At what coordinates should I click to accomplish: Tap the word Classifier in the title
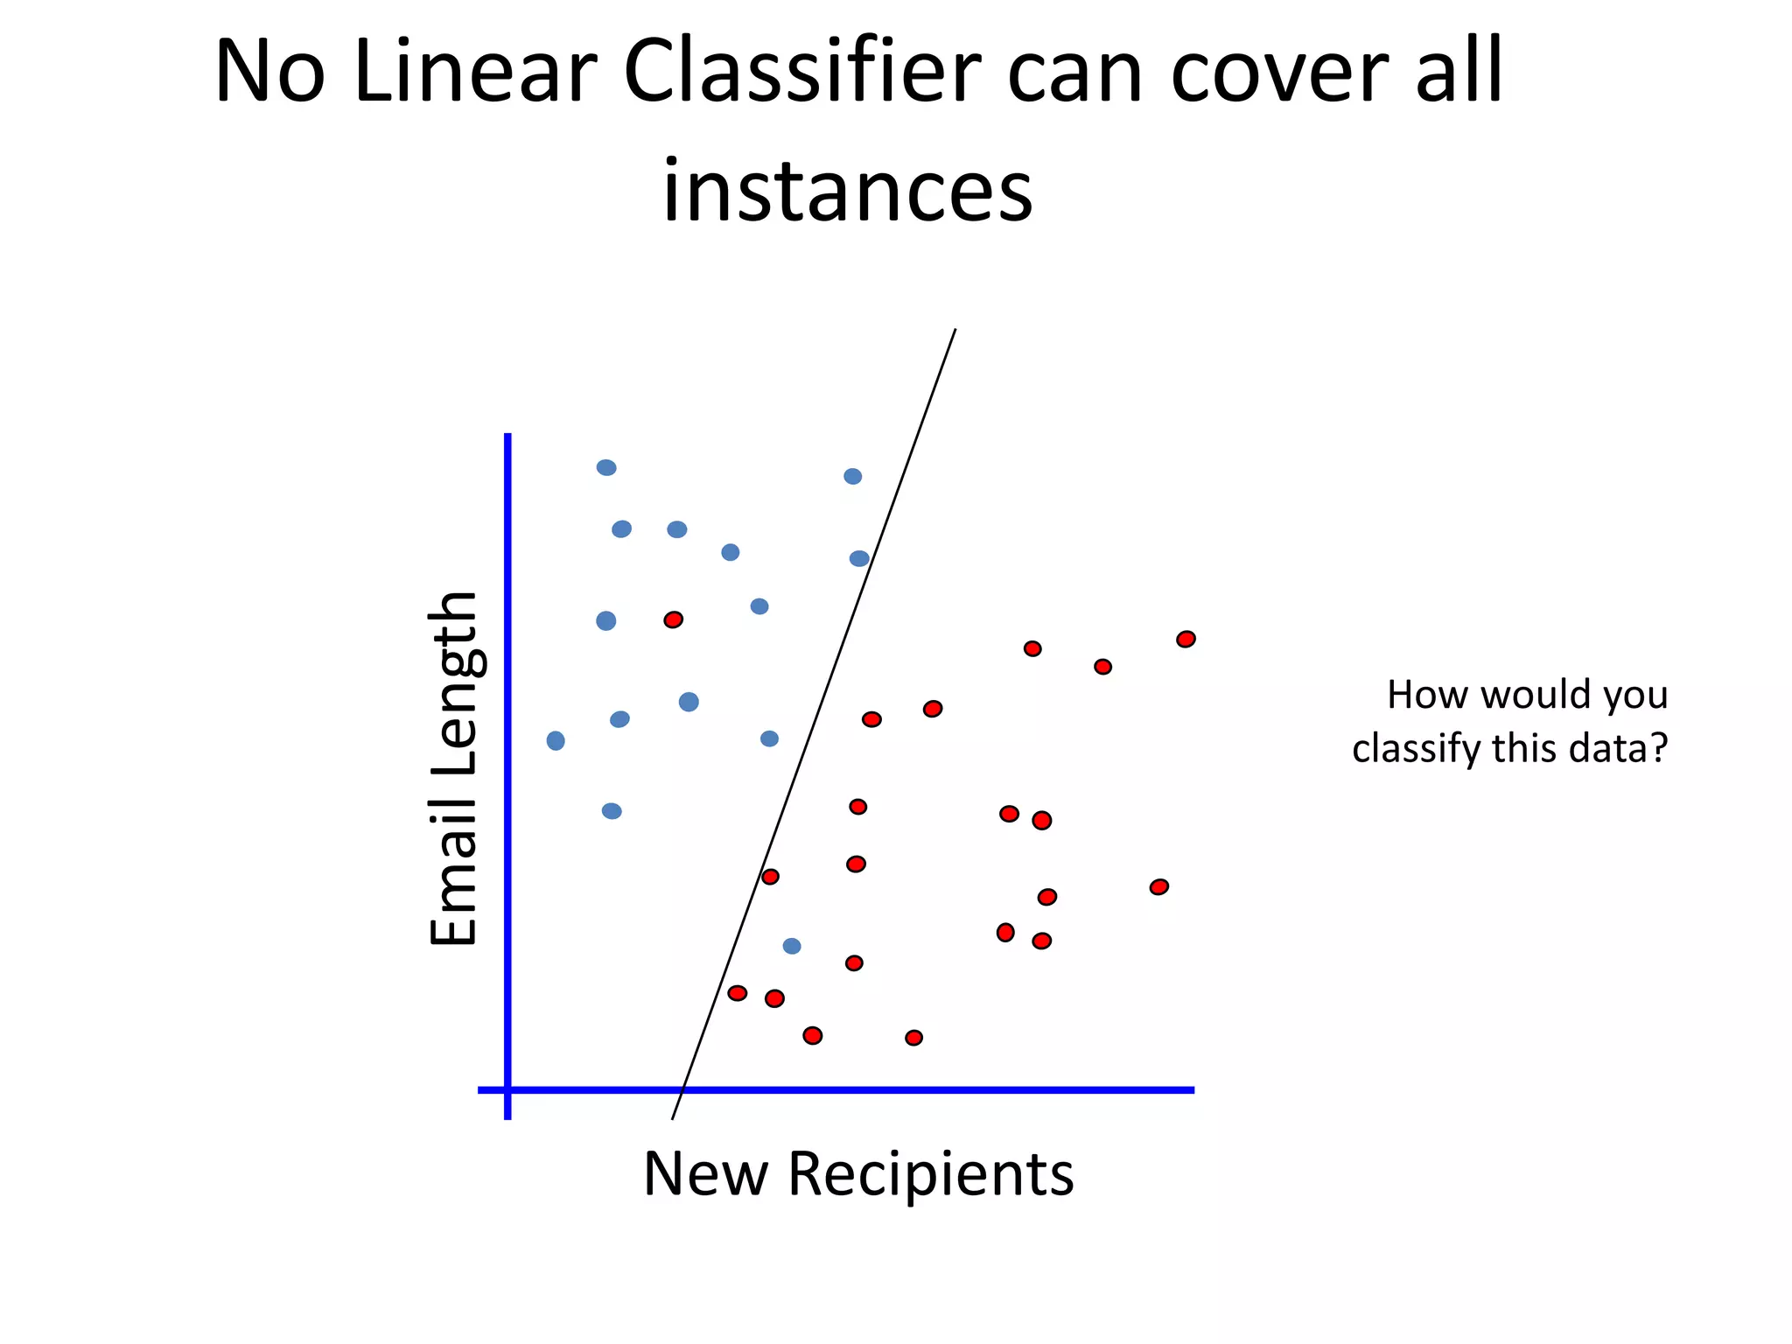point(801,72)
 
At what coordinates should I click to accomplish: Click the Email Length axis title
point(453,769)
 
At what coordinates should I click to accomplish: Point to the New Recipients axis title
point(857,1173)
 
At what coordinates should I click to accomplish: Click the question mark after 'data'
point(1658,748)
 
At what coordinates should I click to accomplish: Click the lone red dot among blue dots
point(673,619)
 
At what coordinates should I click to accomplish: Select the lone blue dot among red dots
point(792,946)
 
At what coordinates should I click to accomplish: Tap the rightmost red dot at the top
point(1186,639)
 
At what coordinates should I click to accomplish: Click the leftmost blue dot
point(556,741)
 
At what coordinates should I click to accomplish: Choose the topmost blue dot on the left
point(606,467)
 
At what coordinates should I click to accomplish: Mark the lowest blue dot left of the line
point(612,811)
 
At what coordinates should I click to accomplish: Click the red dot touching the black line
point(770,877)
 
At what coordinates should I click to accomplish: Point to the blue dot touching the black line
point(859,558)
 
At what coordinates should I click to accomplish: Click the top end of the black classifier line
point(955,330)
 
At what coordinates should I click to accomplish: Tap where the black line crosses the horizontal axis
point(682,1089)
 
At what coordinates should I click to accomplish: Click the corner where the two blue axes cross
point(507,1089)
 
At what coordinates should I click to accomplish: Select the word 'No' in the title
point(269,72)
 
